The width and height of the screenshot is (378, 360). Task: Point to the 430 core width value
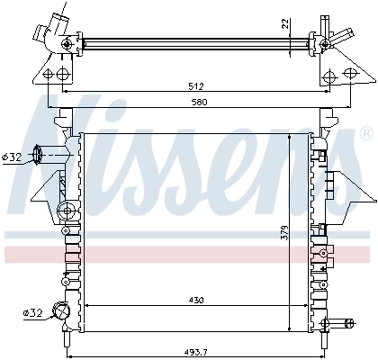[x=195, y=300]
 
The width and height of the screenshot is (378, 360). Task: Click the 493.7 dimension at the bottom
[x=197, y=351]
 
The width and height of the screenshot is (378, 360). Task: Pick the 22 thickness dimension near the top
[x=283, y=23]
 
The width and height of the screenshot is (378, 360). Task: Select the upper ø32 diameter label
[x=12, y=157]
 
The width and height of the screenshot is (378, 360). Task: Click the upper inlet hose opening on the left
[x=37, y=155]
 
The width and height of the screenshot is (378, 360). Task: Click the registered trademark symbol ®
[x=365, y=133]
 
